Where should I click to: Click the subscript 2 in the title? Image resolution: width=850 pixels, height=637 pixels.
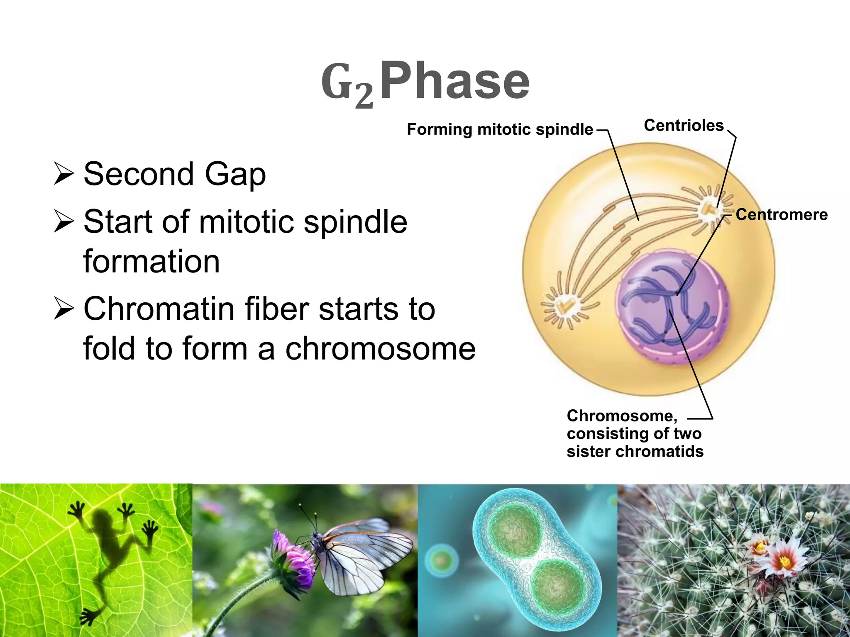364,96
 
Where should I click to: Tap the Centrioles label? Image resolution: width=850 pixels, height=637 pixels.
683,125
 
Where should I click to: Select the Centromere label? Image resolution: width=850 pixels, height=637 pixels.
782,214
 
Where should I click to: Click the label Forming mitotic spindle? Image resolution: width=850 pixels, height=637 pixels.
500,129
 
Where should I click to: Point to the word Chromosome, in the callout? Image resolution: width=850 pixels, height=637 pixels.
622,416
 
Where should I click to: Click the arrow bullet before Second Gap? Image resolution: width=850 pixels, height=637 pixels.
64,174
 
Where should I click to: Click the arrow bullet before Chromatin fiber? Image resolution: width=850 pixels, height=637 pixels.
64,309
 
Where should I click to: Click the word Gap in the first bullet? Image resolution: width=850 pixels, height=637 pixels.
235,174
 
